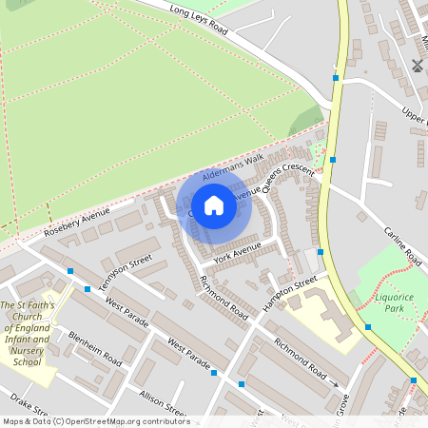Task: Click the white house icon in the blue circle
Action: [x=214, y=205]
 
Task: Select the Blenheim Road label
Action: [x=94, y=349]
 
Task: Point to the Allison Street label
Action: [x=163, y=402]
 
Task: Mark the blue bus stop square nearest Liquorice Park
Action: [x=368, y=327]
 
